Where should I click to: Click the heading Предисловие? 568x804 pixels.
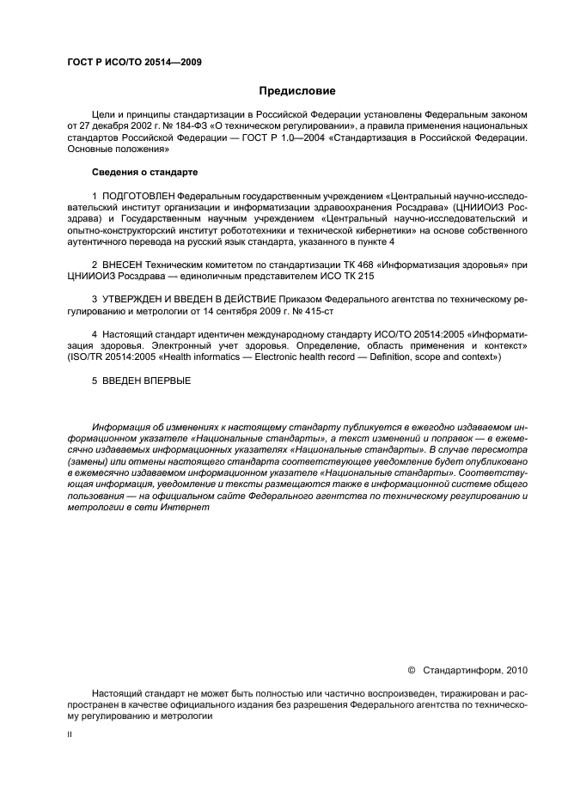pos(297,90)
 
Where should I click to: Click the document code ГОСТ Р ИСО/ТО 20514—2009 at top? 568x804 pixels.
pos(133,62)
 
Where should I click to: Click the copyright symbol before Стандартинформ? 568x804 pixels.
pos(411,668)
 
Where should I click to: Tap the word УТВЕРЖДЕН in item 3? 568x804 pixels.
pos(136,299)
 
